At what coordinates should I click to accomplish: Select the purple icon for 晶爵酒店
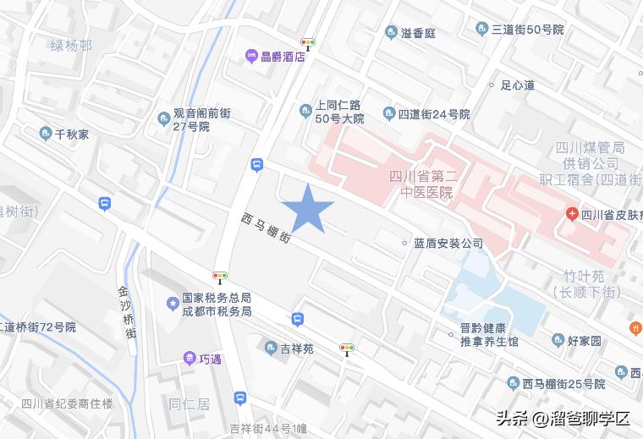pos(251,57)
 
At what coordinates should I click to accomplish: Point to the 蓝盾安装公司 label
pos(448,244)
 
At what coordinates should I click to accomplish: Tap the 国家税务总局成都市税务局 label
pos(217,305)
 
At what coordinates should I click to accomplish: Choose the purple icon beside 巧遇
pos(190,359)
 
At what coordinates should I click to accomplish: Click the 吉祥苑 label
pos(296,348)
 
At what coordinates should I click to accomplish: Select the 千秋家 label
pos(72,134)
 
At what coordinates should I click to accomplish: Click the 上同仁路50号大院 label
pos(339,113)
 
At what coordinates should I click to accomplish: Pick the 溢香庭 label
pos(418,33)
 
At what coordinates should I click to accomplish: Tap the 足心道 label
pos(518,85)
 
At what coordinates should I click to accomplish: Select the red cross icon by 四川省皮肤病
pos(572,214)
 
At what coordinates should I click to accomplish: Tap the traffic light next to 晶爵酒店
pos(307,42)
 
